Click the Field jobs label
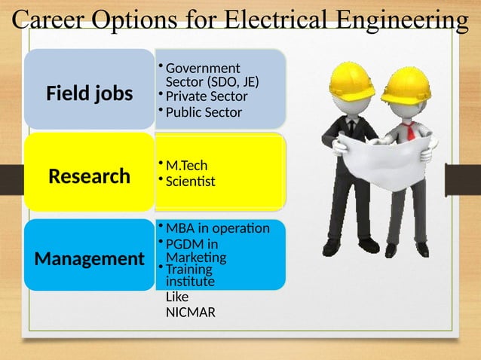pos(89,94)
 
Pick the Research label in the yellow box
pos(89,176)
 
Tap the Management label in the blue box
pos(89,259)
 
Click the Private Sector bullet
pos(207,96)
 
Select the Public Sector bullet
pos(204,112)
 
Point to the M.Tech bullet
pos(186,165)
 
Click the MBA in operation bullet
pos(217,227)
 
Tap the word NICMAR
pos(190,311)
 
